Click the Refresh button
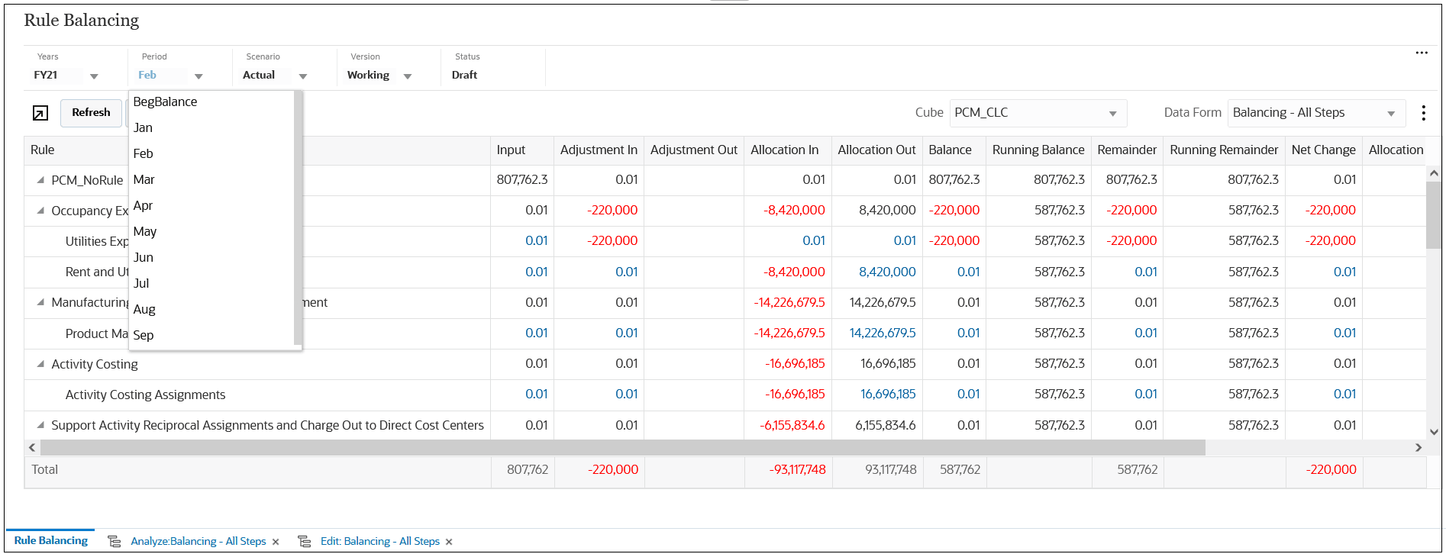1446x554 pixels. [91, 113]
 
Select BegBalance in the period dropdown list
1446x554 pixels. [165, 102]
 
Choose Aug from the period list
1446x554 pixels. [144, 310]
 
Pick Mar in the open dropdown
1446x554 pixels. [144, 180]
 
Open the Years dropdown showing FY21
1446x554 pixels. [94, 76]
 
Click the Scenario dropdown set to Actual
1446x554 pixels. [303, 76]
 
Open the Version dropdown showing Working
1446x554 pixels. [408, 76]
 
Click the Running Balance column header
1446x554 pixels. [1038, 150]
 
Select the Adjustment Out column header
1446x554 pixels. [693, 150]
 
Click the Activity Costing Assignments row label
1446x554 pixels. [145, 395]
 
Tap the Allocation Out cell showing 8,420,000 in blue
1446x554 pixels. [886, 272]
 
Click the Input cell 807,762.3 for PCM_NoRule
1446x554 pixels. [521, 180]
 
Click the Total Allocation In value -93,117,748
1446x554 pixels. [797, 470]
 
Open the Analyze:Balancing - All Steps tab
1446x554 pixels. [198, 542]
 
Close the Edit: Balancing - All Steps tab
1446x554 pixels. [449, 543]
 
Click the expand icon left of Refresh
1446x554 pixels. [40, 114]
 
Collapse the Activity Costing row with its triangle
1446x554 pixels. [40, 364]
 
